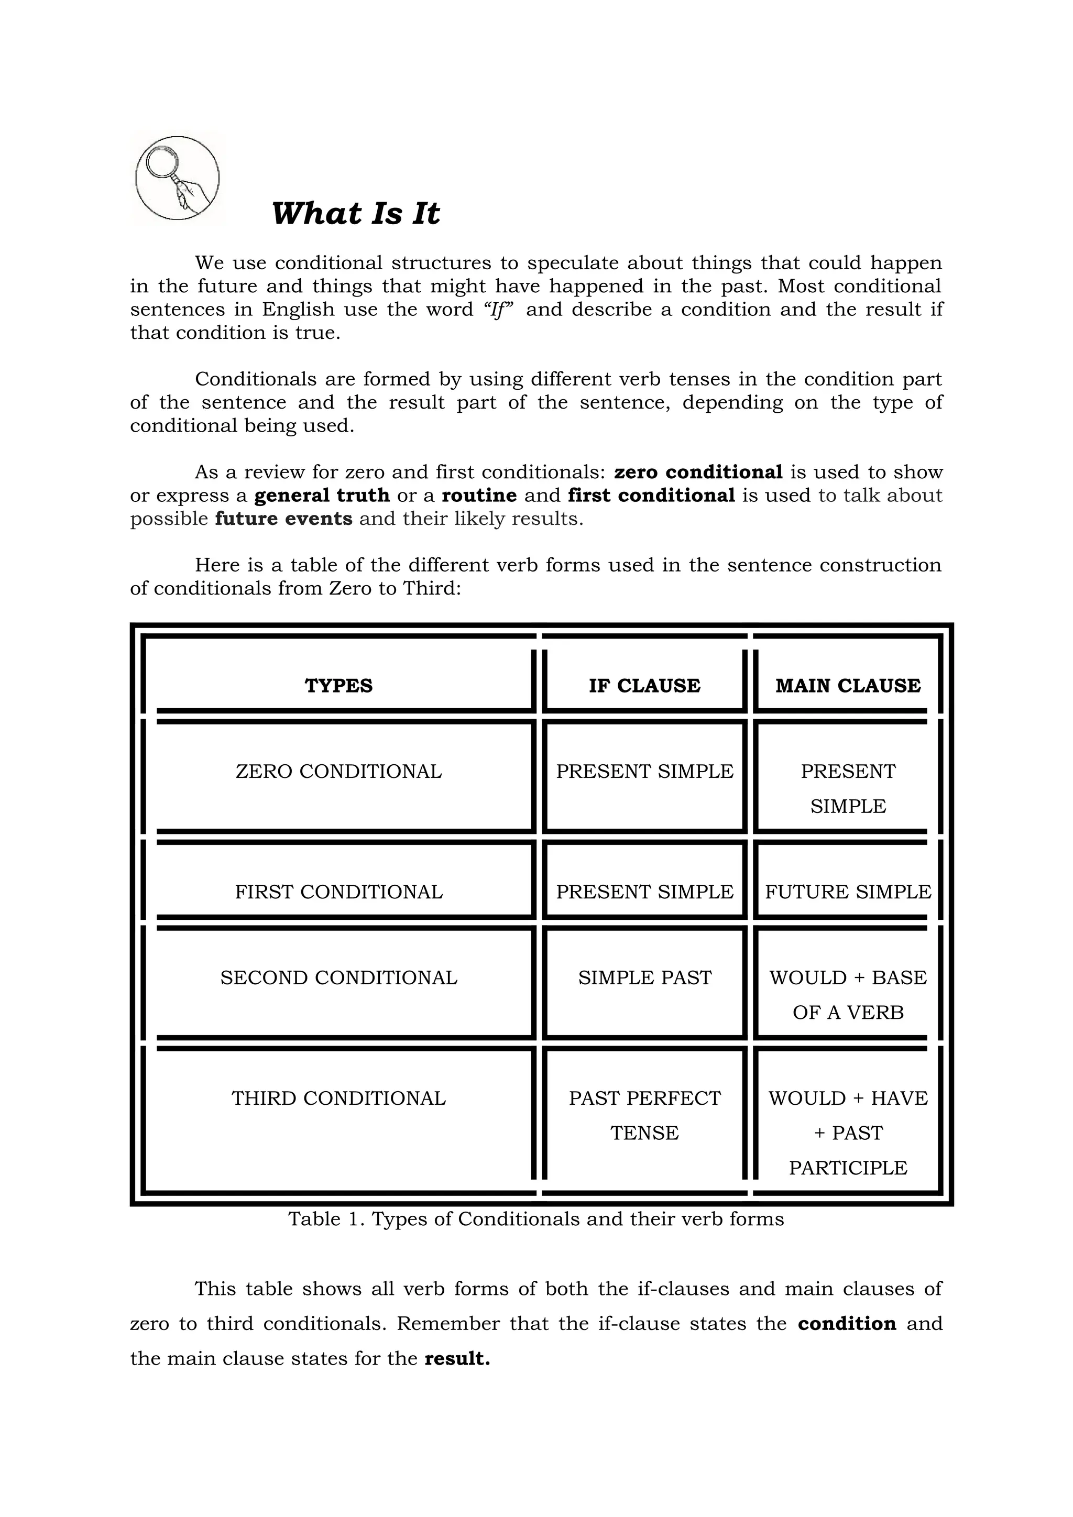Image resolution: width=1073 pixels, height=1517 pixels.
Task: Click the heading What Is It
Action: (x=355, y=213)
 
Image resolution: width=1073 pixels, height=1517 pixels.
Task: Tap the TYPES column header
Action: (x=338, y=685)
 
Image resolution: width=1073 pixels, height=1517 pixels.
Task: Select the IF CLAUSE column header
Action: (x=644, y=685)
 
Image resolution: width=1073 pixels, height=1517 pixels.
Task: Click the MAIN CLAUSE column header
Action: (x=848, y=685)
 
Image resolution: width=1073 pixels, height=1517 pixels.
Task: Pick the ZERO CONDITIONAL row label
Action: (x=338, y=771)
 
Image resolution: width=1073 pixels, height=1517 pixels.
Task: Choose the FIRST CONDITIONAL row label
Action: (x=338, y=892)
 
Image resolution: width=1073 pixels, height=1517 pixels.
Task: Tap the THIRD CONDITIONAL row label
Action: (x=338, y=1097)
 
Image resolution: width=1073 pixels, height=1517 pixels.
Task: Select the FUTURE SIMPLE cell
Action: (x=848, y=892)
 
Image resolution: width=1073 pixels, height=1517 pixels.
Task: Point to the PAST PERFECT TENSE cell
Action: (x=644, y=1115)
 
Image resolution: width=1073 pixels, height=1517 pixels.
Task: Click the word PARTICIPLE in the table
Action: (x=848, y=1168)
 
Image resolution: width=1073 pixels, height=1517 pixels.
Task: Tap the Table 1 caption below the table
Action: (x=536, y=1219)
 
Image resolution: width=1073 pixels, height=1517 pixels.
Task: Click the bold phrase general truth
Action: (x=322, y=495)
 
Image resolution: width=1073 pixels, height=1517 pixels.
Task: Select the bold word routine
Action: (x=479, y=495)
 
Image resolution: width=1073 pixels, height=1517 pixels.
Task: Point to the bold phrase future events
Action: (x=283, y=518)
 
